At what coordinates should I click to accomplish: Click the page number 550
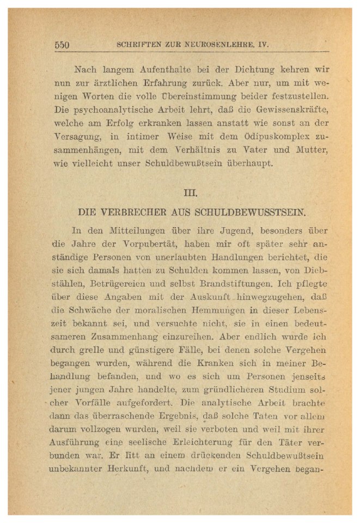pos(62,45)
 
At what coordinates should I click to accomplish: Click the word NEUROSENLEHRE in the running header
pos(216,45)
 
